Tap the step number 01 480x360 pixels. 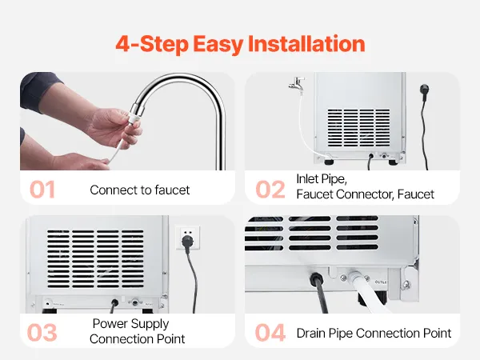(x=42, y=190)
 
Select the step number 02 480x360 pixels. (x=270, y=190)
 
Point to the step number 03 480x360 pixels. (x=42, y=333)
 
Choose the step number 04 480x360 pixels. (x=270, y=333)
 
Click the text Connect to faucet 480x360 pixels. (x=140, y=190)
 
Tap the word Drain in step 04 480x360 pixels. (x=311, y=333)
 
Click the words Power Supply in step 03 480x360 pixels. (x=130, y=324)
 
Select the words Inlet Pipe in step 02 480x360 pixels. (x=322, y=179)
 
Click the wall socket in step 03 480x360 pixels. (x=188, y=238)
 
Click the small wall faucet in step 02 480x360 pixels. (x=296, y=83)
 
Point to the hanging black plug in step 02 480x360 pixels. (x=424, y=93)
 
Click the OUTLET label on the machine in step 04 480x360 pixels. (x=381, y=282)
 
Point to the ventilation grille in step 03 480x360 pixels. (x=95, y=259)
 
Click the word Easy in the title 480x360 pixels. (x=218, y=45)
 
